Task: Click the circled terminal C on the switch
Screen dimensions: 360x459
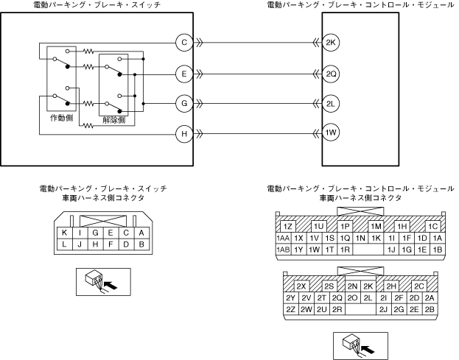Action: pos(184,43)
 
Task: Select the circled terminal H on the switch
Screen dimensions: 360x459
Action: pos(184,133)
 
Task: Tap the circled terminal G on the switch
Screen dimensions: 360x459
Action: pos(184,103)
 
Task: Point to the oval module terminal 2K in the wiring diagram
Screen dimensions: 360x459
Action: pos(331,43)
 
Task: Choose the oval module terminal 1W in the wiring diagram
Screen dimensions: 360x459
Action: pos(331,133)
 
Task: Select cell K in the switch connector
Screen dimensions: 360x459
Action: pos(65,232)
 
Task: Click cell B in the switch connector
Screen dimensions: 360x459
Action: pos(141,244)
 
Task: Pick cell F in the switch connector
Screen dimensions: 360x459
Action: pos(111,244)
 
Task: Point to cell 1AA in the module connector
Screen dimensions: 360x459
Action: pos(283,238)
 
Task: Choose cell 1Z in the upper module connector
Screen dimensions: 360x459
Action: pos(289,226)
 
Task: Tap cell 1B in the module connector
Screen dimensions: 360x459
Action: pos(438,250)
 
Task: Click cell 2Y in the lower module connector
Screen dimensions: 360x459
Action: pos(290,297)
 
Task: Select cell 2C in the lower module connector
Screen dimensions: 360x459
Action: pos(420,286)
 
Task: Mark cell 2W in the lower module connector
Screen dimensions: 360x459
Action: pos(306,309)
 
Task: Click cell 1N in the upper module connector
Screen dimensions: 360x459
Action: pos(360,238)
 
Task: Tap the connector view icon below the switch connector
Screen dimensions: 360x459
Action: pos(102,281)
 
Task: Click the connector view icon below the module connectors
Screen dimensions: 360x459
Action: pos(361,345)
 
